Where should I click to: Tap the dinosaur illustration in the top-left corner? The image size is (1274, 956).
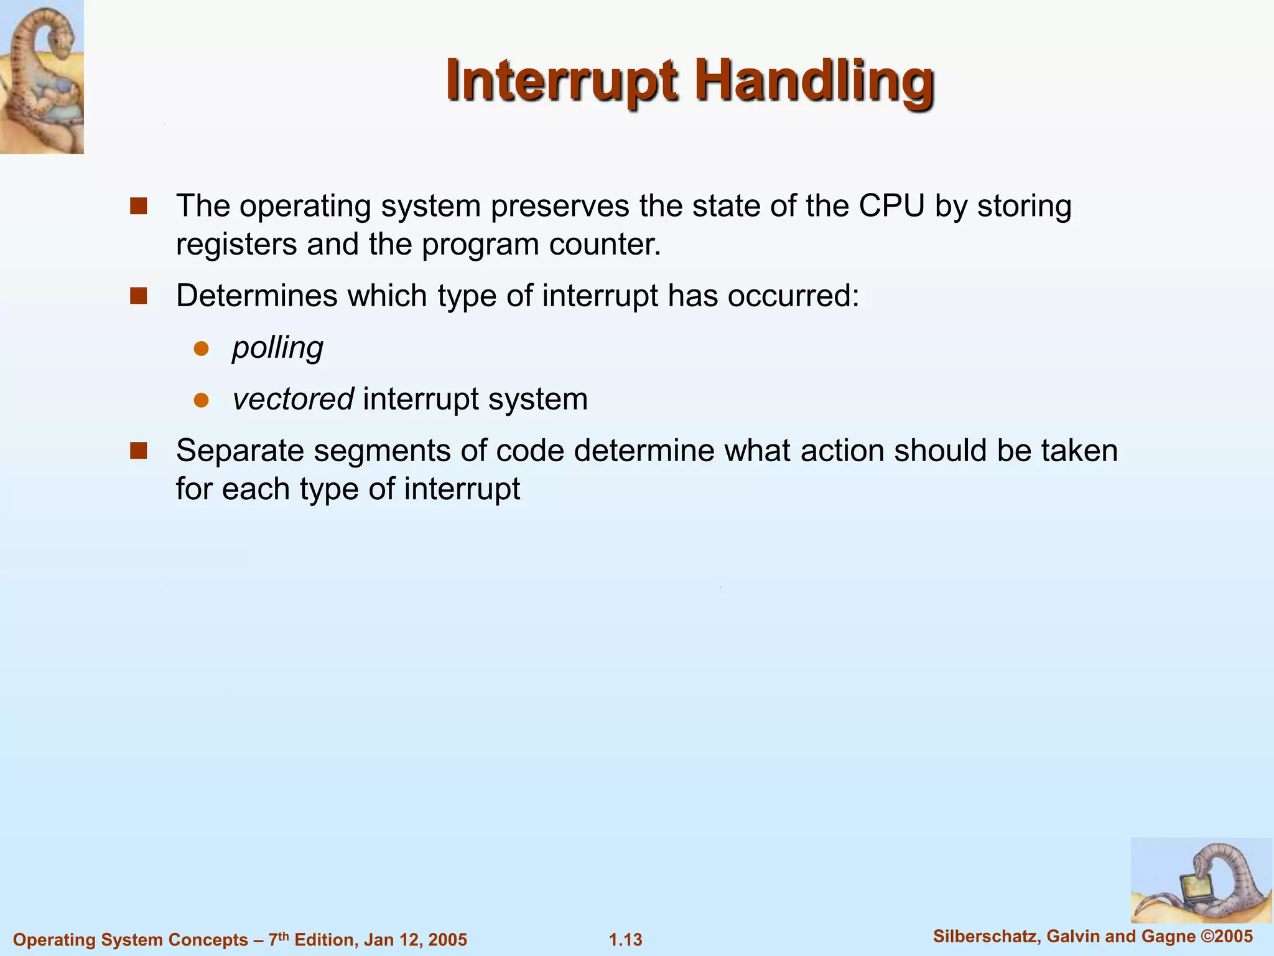(42, 76)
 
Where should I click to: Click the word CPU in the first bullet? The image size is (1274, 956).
(891, 206)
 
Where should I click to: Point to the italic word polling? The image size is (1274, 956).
(277, 347)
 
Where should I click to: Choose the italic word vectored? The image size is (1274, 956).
(293, 399)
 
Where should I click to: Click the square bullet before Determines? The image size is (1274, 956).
(138, 296)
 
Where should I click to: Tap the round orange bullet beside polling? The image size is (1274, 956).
(201, 348)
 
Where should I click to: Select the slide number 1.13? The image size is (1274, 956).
(625, 939)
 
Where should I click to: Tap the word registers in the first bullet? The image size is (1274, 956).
(236, 245)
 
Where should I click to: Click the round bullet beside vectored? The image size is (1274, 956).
(201, 400)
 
